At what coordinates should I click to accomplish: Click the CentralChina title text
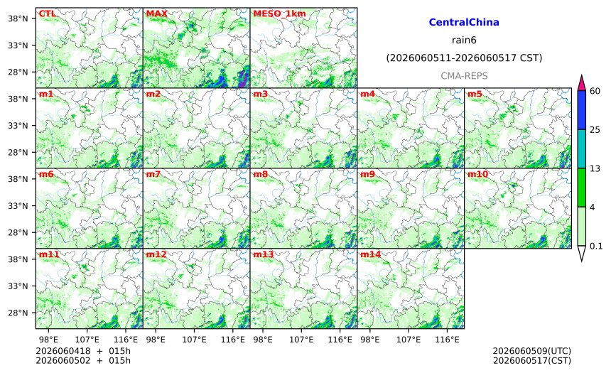[x=464, y=22]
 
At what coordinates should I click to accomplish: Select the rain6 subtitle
[x=464, y=40]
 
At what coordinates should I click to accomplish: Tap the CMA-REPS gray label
[x=464, y=76]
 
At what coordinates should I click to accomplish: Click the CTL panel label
[x=47, y=13]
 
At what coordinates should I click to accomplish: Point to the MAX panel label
[x=156, y=13]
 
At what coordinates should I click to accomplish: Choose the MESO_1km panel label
[x=279, y=14]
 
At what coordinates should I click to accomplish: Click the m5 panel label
[x=475, y=94]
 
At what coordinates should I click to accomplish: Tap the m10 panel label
[x=477, y=174]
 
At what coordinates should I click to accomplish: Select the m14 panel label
[x=370, y=254]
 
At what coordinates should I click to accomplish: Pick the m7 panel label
[x=153, y=174]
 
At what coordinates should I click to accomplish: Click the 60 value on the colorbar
[x=595, y=91]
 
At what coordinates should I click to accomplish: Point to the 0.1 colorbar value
[x=596, y=246]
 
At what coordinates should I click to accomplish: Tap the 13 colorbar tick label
[x=595, y=168]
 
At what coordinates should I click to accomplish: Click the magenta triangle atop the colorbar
[x=582, y=83]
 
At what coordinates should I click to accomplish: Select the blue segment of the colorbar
[x=582, y=110]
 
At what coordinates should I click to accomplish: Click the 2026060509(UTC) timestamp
[x=532, y=351]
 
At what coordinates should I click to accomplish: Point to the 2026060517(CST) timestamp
[x=532, y=360]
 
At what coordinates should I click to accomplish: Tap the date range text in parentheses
[x=464, y=58]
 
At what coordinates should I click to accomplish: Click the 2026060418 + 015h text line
[x=83, y=351]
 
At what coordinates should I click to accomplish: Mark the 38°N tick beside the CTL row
[x=18, y=18]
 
